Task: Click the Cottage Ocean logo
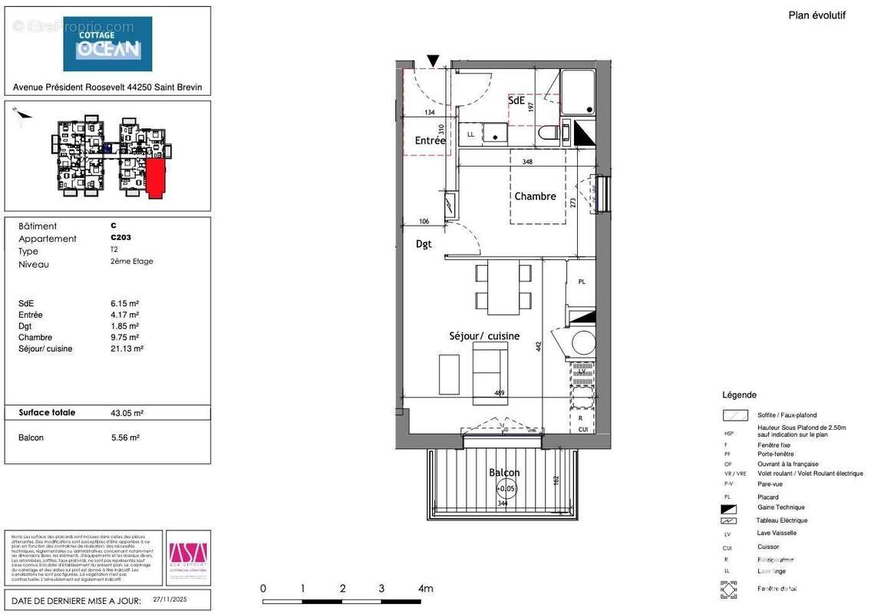[x=107, y=44]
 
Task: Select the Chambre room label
[x=535, y=196]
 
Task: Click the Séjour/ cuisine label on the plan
[x=484, y=336]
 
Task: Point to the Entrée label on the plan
[x=430, y=141]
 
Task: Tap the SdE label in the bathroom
[x=516, y=101]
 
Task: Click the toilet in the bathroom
[x=549, y=133]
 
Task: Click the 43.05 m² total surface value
[x=127, y=413]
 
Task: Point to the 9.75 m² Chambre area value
[x=124, y=337]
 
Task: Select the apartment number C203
[x=120, y=238]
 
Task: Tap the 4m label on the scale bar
[x=425, y=589]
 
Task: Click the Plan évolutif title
[x=817, y=15]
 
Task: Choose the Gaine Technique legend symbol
[x=728, y=508]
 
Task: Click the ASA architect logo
[x=188, y=553]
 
